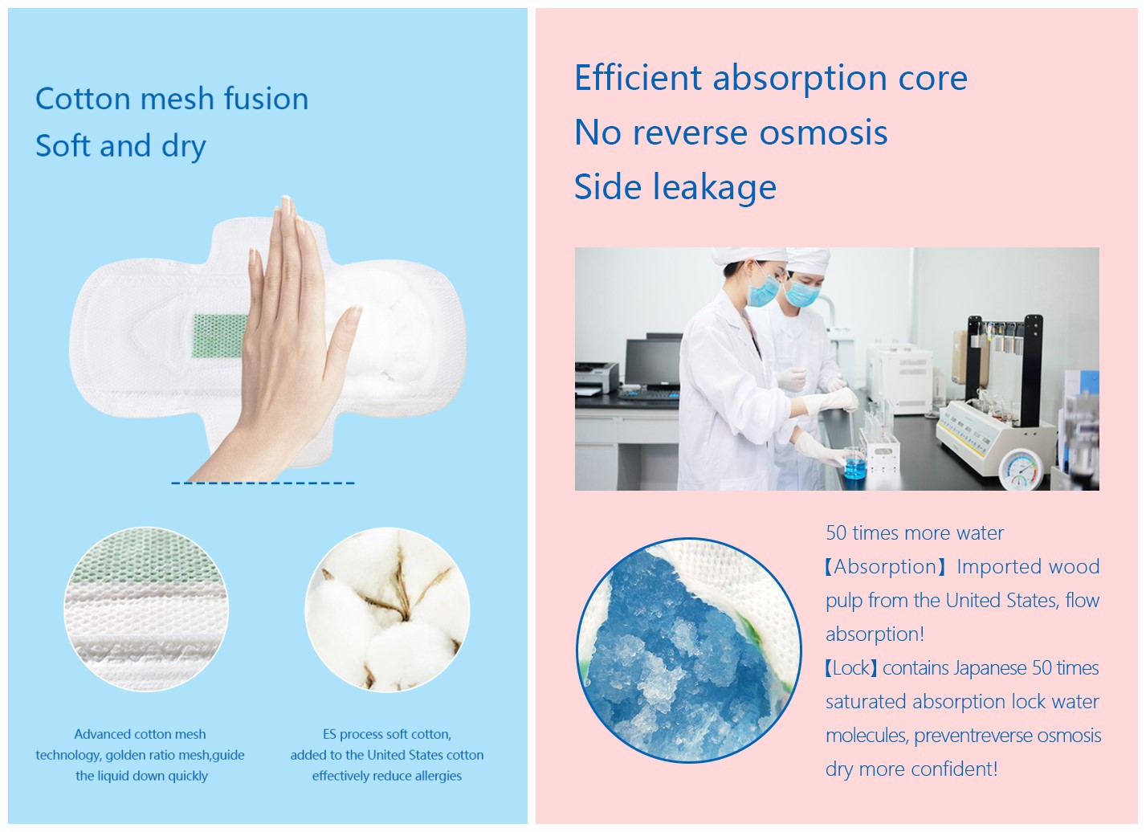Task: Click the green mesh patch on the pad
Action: pos(218,336)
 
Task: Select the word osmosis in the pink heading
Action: pos(823,133)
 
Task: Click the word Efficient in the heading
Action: pos(638,78)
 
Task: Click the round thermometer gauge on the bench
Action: pos(1021,470)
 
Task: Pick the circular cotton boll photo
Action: pos(387,610)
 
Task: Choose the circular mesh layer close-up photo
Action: pos(146,610)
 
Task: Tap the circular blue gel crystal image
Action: pos(688,650)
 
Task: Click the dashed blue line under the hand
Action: pos(263,483)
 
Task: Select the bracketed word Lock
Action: pos(851,668)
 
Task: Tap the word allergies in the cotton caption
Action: pos(434,777)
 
